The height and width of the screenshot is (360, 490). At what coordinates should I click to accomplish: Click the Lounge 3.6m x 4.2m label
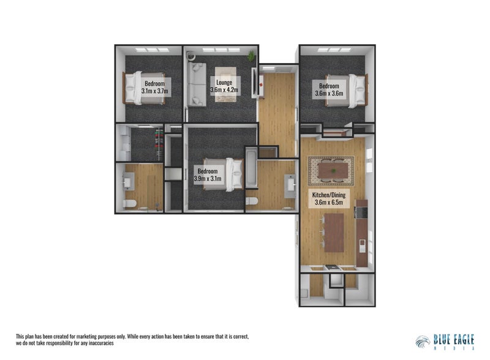(224, 86)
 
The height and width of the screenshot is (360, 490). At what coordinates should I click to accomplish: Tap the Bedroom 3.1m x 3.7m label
(154, 86)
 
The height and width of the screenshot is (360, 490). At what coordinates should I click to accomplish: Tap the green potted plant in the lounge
(251, 56)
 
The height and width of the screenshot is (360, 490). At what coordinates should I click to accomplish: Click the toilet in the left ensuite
(129, 204)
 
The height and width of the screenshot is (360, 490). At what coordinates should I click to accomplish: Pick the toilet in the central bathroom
(251, 201)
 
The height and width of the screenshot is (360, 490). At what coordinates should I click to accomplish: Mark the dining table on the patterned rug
(331, 170)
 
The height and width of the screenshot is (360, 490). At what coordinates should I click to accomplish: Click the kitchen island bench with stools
(334, 232)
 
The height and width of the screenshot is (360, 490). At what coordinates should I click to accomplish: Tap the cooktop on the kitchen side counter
(360, 214)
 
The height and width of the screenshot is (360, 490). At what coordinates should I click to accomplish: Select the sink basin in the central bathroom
(288, 184)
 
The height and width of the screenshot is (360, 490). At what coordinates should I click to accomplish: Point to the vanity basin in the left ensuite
(129, 180)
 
